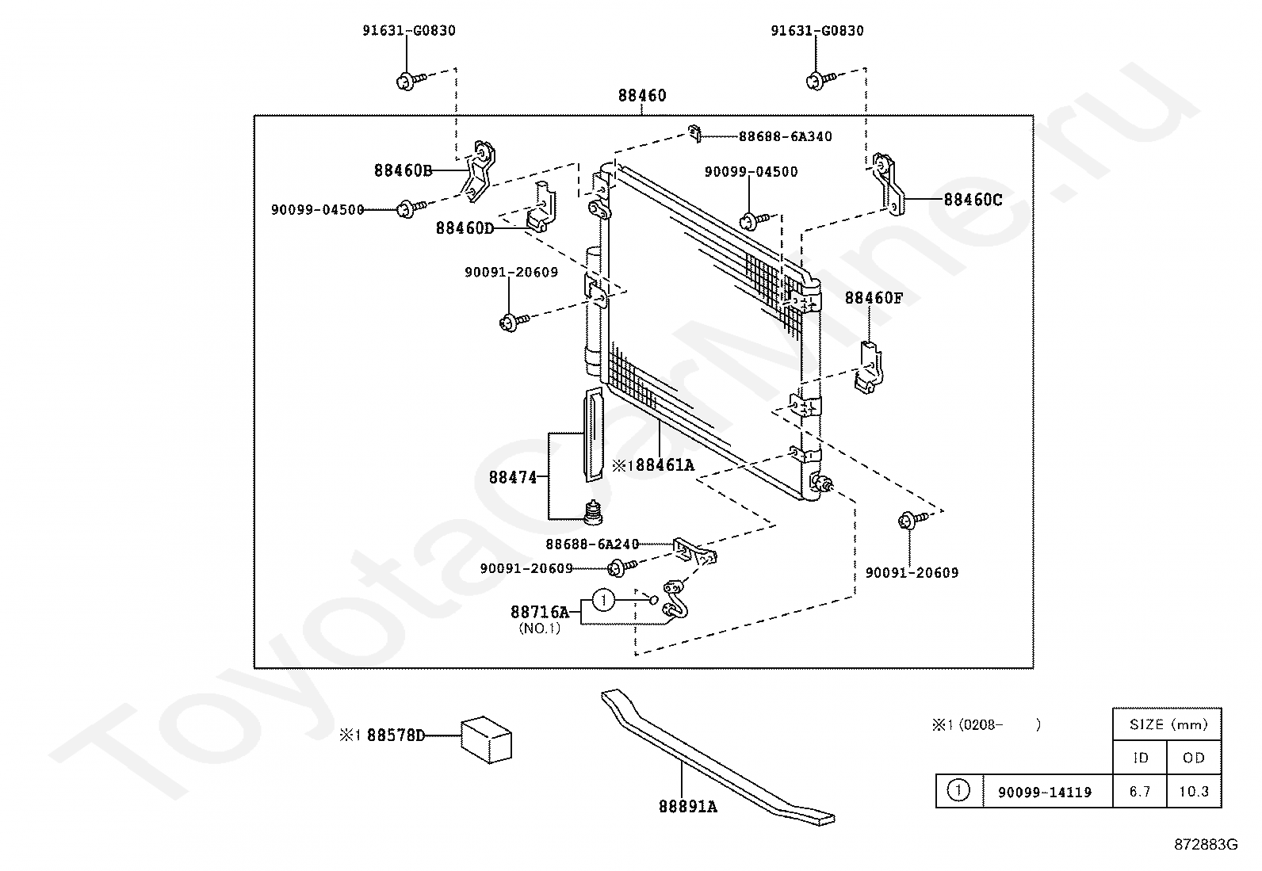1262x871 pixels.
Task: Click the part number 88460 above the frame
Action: click(x=642, y=96)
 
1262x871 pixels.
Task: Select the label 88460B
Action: click(x=403, y=170)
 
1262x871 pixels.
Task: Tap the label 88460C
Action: click(x=973, y=200)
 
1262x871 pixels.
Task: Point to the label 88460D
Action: click(x=465, y=228)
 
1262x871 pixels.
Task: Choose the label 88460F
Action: click(x=874, y=298)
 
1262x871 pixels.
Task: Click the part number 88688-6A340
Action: click(x=785, y=136)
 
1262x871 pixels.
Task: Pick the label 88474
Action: click(x=513, y=477)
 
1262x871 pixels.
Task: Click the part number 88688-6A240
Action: click(x=591, y=544)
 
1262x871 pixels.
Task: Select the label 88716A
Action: click(x=539, y=612)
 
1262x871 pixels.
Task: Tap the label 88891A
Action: click(x=687, y=807)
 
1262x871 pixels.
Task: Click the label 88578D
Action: click(x=395, y=735)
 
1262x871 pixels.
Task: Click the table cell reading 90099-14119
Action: click(x=1044, y=792)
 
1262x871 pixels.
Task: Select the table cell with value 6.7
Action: click(x=1139, y=792)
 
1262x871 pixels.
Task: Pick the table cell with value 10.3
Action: click(x=1193, y=792)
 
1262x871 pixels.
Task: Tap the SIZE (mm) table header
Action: click(x=1166, y=724)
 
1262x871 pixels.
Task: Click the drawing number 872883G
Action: click(x=1205, y=845)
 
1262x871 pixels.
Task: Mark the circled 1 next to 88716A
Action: click(x=603, y=601)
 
